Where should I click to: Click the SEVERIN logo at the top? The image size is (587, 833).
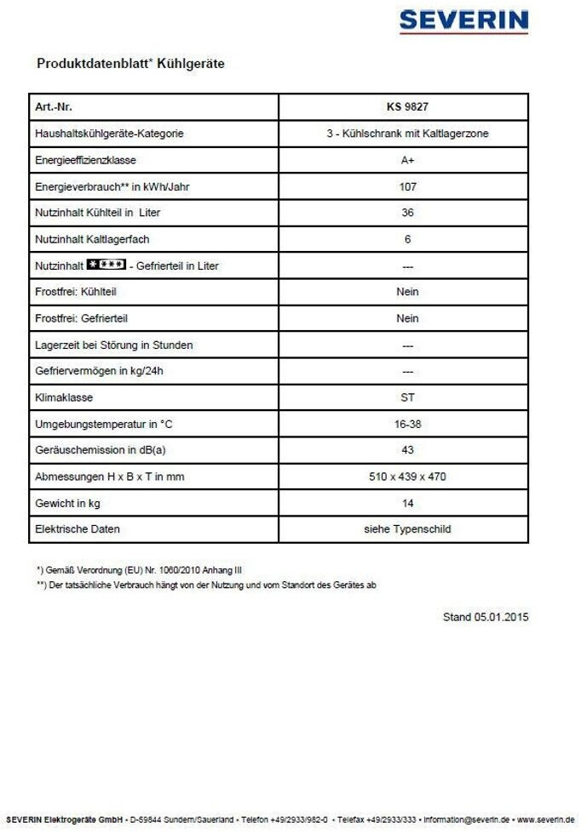[x=463, y=21]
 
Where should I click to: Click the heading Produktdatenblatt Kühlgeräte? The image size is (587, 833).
[x=130, y=64]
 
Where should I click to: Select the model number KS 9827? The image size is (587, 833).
[x=407, y=107]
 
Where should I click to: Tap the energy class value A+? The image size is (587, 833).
[x=407, y=160]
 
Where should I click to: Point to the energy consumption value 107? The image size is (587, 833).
[x=407, y=186]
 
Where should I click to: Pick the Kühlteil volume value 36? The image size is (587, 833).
[x=407, y=213]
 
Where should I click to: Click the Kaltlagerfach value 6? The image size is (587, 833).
[x=407, y=239]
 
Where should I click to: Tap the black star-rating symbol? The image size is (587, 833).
[x=107, y=265]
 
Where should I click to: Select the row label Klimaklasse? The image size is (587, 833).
[x=64, y=397]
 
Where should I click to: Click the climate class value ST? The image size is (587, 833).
[x=407, y=397]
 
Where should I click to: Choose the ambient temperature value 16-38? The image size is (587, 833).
[x=407, y=424]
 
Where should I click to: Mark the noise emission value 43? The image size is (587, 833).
[x=407, y=450]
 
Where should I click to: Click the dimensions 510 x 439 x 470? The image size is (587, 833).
[x=407, y=476]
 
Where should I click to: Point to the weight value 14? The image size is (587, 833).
[x=407, y=503]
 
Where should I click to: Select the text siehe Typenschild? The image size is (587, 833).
[x=407, y=529]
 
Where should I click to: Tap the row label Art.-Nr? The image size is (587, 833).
[x=54, y=107]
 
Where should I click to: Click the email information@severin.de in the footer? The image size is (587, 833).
[x=468, y=820]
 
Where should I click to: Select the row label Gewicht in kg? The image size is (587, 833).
[x=67, y=503]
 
